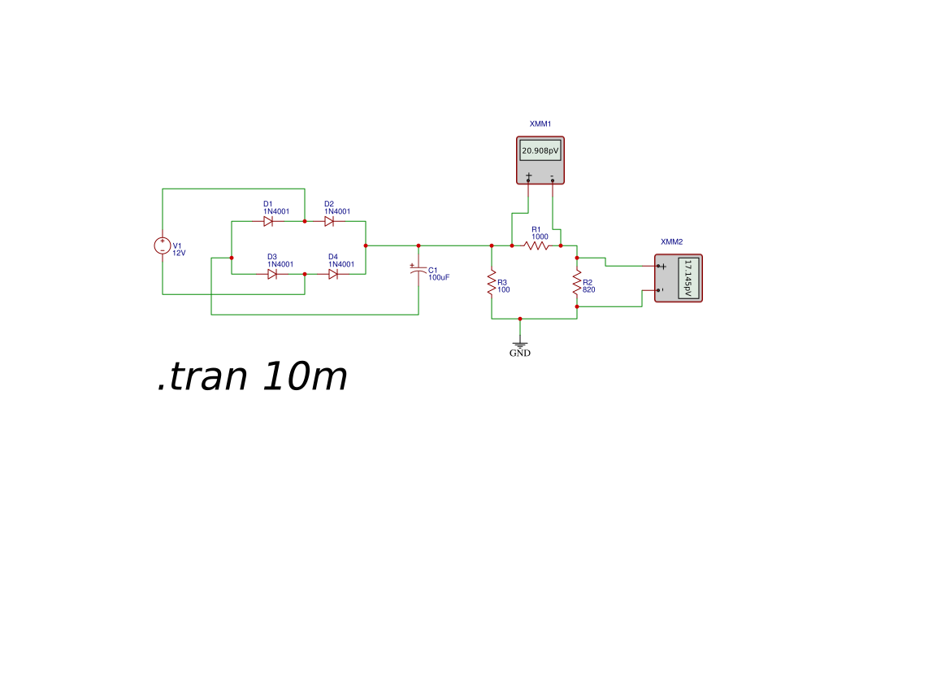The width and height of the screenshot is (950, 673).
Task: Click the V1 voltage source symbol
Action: [163, 245]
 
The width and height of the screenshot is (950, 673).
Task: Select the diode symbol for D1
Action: [268, 221]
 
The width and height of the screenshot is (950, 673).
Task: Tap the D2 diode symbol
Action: [329, 221]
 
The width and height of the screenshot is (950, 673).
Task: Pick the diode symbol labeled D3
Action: [272, 274]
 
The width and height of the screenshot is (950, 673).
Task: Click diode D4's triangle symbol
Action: [333, 274]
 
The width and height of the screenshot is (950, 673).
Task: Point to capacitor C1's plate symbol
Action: [418, 270]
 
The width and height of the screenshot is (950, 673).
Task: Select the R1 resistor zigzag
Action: [536, 245]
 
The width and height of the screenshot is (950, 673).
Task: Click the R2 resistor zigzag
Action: [577, 283]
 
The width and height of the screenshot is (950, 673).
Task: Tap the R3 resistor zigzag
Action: [492, 283]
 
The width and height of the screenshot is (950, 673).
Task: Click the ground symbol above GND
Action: [520, 345]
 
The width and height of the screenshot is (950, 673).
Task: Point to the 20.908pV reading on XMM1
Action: [540, 151]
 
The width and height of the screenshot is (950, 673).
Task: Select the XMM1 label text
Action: [540, 124]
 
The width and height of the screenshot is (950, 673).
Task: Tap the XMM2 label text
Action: [672, 241]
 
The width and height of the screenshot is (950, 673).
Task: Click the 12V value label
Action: [180, 253]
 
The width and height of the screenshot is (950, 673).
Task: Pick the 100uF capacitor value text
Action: [439, 278]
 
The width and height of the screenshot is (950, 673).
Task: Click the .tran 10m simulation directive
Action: [252, 377]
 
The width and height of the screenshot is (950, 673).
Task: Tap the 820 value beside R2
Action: [589, 289]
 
